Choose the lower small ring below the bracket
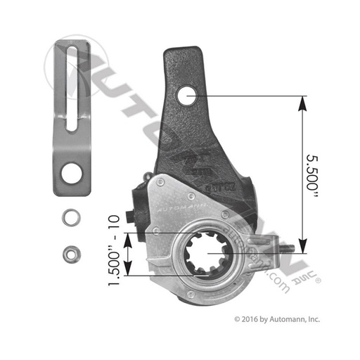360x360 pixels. [x=69, y=250]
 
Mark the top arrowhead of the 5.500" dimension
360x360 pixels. [x=302, y=101]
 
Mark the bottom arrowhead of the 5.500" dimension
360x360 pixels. [x=302, y=247]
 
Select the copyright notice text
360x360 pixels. [x=276, y=319]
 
